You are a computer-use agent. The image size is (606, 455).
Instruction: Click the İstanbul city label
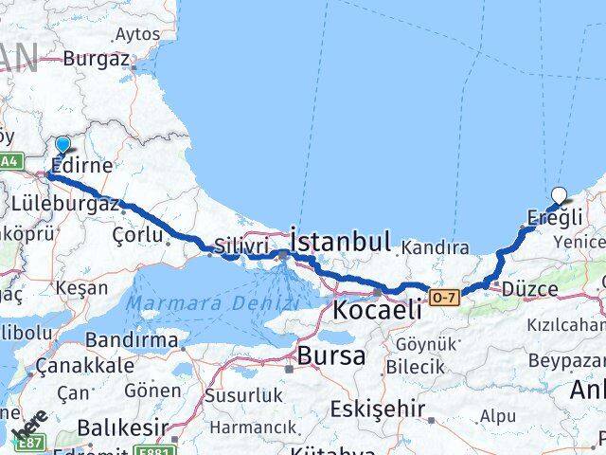pyautogui.click(x=342, y=242)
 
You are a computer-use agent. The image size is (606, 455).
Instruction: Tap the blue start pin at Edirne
pyautogui.click(x=62, y=145)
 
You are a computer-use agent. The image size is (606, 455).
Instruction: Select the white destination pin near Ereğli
pyautogui.click(x=559, y=196)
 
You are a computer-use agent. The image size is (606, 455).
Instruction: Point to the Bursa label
pyautogui.click(x=330, y=356)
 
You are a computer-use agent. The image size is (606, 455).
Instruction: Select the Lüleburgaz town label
pyautogui.click(x=65, y=203)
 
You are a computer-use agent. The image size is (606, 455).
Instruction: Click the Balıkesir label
pyautogui.click(x=115, y=428)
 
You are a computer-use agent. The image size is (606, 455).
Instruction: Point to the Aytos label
pyautogui.click(x=137, y=34)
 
